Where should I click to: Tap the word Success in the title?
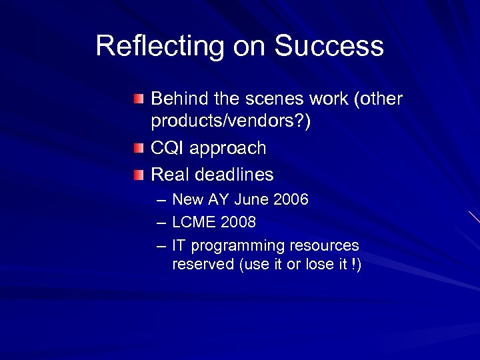coord(329,47)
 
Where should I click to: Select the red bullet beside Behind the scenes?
coord(137,99)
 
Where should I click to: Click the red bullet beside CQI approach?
coord(137,148)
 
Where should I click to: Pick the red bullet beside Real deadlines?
coord(137,175)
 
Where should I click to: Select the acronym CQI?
coord(167,148)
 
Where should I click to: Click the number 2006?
coord(290,199)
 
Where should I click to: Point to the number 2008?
coord(237,221)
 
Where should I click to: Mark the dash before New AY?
coord(161,199)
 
